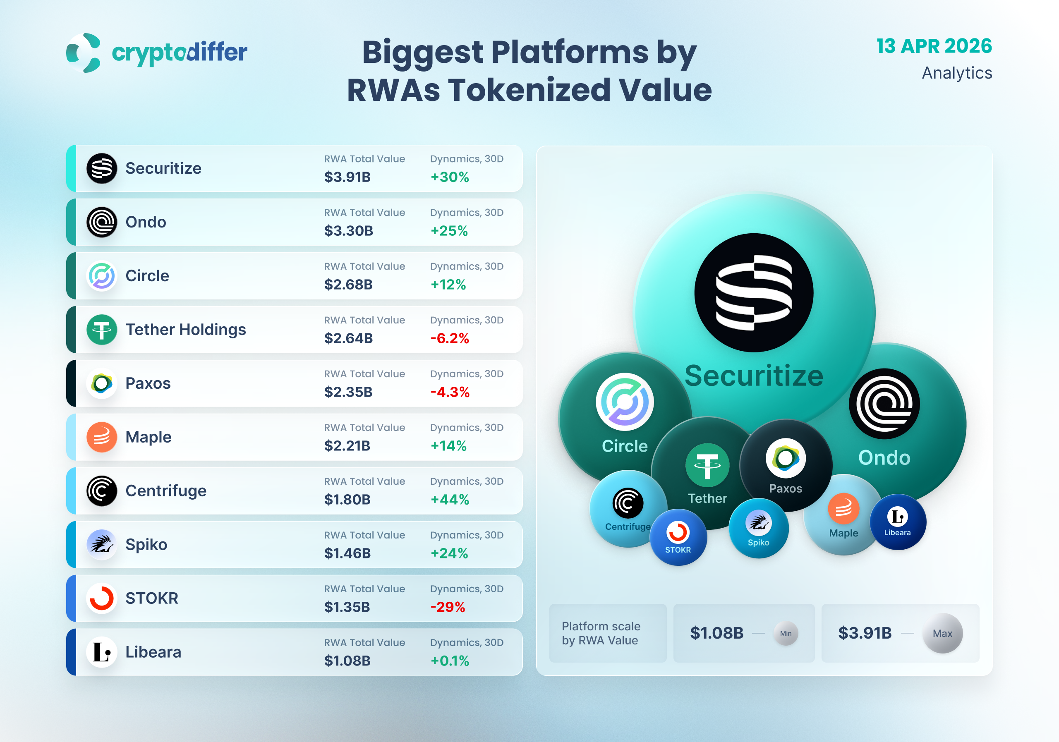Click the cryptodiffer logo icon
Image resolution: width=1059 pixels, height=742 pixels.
tap(84, 53)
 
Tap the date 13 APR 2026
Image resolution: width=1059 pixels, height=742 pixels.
tap(934, 46)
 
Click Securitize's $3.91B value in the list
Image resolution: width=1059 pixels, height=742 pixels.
tap(347, 177)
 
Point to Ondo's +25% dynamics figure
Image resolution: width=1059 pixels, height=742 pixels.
tap(449, 230)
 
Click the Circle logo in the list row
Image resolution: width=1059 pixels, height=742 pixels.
tap(101, 276)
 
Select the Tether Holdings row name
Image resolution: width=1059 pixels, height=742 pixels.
tap(185, 330)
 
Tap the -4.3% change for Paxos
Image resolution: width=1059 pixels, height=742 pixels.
tap(450, 392)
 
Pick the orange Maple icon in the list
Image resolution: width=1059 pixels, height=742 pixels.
tap(101, 437)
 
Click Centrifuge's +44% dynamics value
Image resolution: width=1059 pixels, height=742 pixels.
tap(450, 500)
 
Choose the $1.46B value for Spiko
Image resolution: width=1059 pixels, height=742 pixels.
tap(347, 553)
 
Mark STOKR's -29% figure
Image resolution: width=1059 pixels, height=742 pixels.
tap(448, 607)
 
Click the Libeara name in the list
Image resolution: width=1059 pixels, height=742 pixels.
tap(153, 652)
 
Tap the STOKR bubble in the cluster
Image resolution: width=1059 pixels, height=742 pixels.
tap(678, 537)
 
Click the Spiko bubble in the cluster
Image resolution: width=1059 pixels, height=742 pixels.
tap(758, 529)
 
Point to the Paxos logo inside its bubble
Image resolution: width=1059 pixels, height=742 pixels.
tap(786, 458)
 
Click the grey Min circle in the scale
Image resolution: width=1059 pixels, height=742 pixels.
tap(786, 633)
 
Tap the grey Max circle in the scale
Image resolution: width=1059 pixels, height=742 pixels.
tap(942, 633)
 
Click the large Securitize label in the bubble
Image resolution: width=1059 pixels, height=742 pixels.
tap(754, 376)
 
